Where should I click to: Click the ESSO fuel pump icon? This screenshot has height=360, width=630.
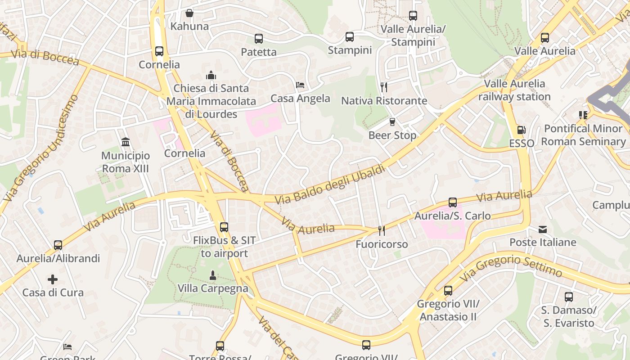pyautogui.click(x=521, y=130)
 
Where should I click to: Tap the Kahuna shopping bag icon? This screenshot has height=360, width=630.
pyautogui.click(x=189, y=13)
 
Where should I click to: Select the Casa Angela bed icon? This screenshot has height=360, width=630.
pyautogui.click(x=300, y=85)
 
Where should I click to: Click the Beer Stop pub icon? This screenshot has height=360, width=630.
pyautogui.click(x=392, y=122)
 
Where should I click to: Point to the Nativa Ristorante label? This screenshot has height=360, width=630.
pyautogui.click(x=384, y=100)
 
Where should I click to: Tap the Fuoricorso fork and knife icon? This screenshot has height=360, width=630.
pyautogui.click(x=382, y=231)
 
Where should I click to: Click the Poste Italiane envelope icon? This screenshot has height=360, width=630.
pyautogui.click(x=543, y=229)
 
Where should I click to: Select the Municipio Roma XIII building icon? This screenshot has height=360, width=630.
pyautogui.click(x=126, y=143)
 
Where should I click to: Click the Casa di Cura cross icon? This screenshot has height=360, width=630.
pyautogui.click(x=53, y=279)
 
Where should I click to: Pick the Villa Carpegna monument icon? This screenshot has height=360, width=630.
pyautogui.click(x=213, y=275)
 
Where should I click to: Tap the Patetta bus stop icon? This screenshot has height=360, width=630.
pyautogui.click(x=258, y=39)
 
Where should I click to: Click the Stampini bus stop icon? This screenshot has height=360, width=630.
pyautogui.click(x=350, y=37)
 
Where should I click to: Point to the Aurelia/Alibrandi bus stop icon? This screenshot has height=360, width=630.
pyautogui.click(x=58, y=245)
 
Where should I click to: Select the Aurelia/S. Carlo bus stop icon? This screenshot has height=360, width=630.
pyautogui.click(x=453, y=202)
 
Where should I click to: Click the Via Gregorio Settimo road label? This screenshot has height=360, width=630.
pyautogui.click(x=511, y=265)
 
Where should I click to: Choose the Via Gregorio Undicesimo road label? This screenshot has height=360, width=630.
pyautogui.click(x=40, y=148)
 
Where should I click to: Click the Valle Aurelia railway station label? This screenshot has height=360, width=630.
pyautogui.click(x=514, y=90)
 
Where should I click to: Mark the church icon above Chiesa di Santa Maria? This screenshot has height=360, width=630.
pyautogui.click(x=211, y=75)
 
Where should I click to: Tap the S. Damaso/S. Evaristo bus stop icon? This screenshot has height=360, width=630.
pyautogui.click(x=569, y=297)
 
